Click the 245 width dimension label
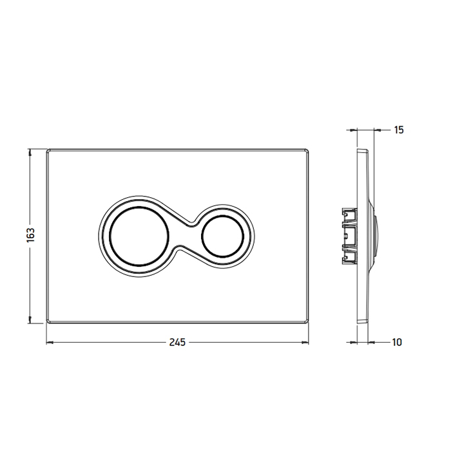pos(177,342)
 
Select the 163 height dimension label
pos(30,235)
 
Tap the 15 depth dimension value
pos(399,130)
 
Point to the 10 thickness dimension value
pos(397,342)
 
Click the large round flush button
pos(139,236)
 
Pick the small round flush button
pos(223,236)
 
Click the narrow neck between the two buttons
pos(186,236)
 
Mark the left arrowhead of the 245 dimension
pos(50,342)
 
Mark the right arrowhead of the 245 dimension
pos(305,342)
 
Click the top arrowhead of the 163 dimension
pos(30,152)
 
